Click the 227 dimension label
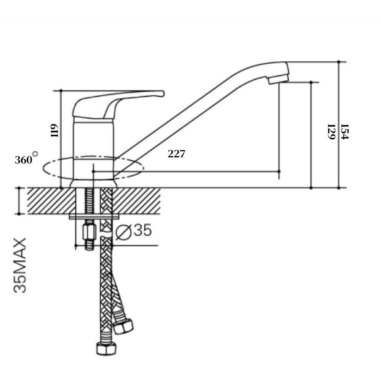(176, 154)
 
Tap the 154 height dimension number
(345, 132)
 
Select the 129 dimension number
(331, 132)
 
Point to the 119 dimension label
(54, 131)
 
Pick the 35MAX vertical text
(20, 265)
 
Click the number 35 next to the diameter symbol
(142, 230)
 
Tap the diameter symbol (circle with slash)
(123, 232)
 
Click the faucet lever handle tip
(162, 94)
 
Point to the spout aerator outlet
(278, 80)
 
